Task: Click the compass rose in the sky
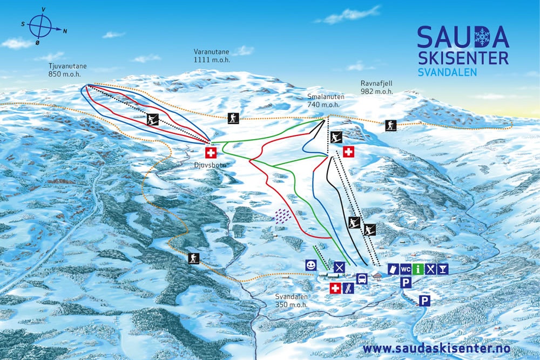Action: coord(41,24)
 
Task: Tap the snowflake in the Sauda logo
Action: coord(482,37)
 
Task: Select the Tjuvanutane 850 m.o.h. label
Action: coord(67,71)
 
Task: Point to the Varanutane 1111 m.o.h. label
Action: coord(212,56)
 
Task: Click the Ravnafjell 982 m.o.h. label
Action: coord(376,87)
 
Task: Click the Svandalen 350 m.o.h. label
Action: coord(289,301)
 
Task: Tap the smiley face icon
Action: coord(310,265)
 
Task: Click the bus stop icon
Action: coord(362,279)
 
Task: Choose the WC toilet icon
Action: coord(406,269)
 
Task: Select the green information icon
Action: coord(418,269)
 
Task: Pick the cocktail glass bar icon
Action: coord(443,269)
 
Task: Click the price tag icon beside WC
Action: coord(393,269)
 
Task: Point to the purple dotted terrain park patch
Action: coord(282,215)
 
